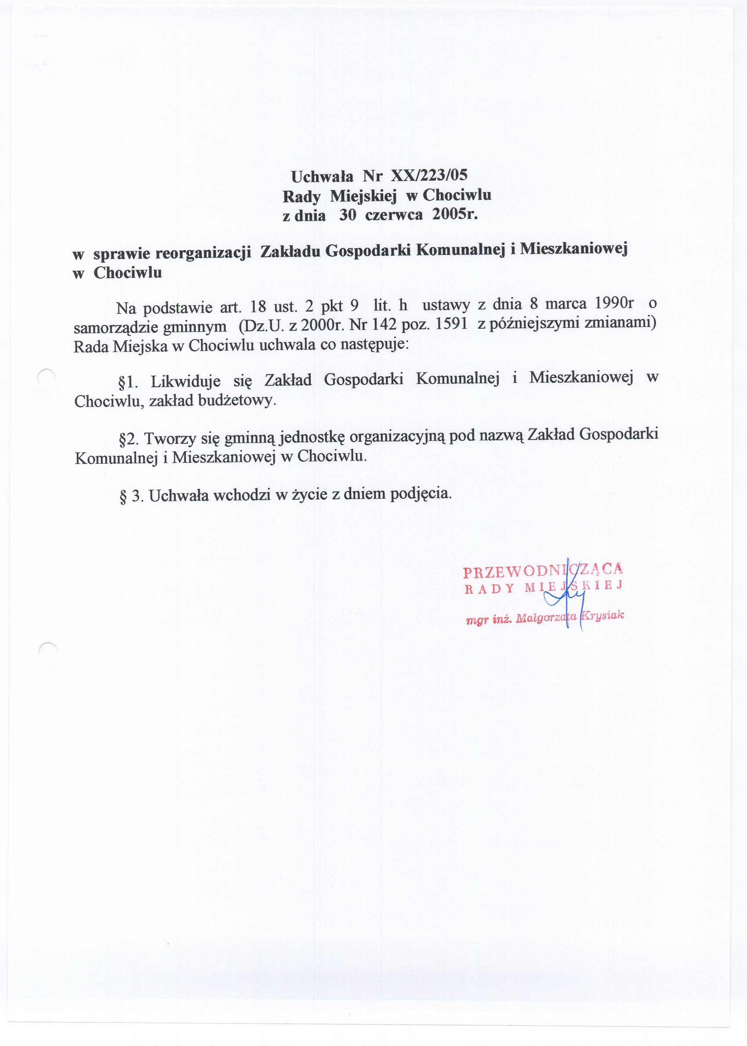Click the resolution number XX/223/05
(429, 175)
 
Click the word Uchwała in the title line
(322, 176)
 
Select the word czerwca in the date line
(394, 215)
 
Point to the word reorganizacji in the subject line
(203, 253)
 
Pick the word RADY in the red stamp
(489, 589)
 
